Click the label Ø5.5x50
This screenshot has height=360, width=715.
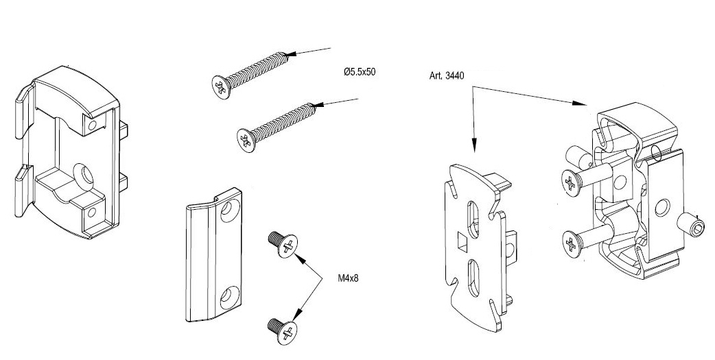click(x=360, y=72)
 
